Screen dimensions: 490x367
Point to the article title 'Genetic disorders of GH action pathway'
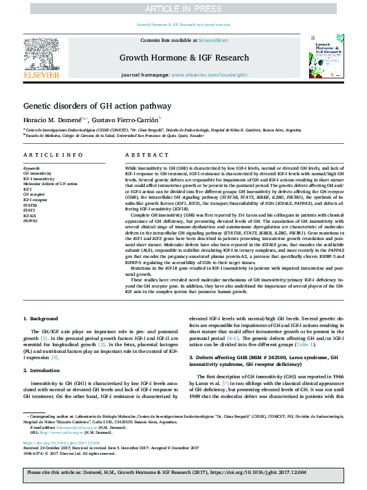97,106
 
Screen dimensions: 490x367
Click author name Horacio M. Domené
51,120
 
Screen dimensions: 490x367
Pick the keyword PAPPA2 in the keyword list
31,220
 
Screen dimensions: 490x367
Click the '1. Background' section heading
42,318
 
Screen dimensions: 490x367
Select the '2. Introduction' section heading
43,370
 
